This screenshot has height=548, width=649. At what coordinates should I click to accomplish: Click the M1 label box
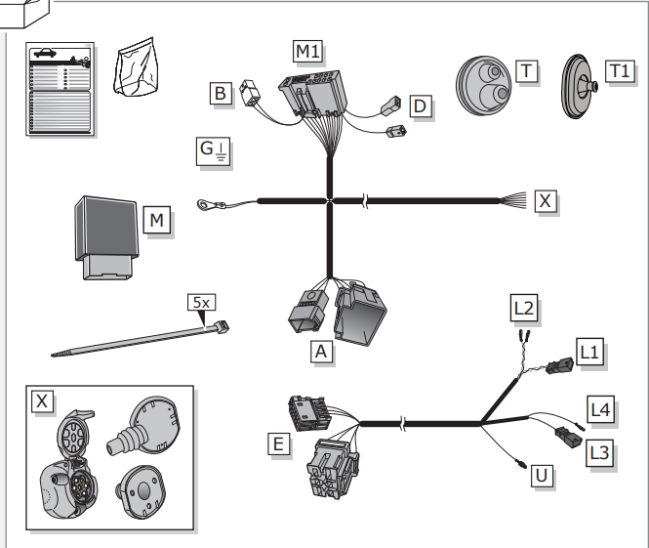307,52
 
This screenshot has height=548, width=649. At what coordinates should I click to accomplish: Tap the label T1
620,71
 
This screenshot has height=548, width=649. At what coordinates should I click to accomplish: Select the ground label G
213,150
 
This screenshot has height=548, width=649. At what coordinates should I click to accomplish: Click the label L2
524,308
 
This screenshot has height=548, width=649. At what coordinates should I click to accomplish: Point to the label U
542,476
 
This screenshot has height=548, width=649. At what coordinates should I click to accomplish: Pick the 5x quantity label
202,303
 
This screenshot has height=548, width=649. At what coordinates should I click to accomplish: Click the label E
278,444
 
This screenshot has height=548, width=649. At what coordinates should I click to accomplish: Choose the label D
420,106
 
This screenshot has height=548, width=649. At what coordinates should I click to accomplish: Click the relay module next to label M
106,237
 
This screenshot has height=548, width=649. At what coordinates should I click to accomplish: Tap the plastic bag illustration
136,67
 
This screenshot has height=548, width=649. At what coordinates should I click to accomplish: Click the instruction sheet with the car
60,89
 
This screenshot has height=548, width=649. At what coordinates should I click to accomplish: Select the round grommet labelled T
483,86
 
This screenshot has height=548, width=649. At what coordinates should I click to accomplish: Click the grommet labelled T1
579,87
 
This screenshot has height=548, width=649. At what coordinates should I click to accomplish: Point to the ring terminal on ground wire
204,204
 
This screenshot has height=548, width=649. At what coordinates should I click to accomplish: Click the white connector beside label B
251,93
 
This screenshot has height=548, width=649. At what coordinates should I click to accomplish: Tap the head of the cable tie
222,327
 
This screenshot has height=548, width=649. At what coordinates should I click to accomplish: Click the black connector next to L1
559,366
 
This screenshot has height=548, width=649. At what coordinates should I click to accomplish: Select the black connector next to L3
569,437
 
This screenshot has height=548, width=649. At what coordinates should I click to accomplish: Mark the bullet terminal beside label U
520,463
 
